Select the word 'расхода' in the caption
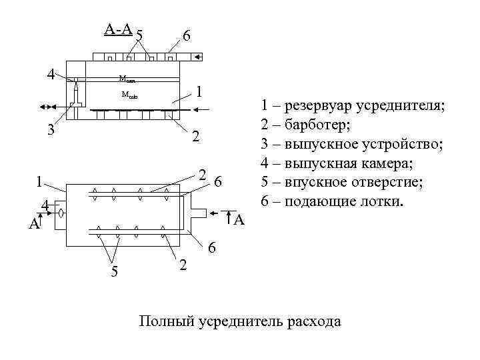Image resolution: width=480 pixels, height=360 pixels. click(313, 322)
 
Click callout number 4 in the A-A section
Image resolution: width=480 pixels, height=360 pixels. click(50, 73)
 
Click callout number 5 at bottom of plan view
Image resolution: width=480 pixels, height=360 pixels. click(114, 271)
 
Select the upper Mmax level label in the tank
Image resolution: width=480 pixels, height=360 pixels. click(127, 79)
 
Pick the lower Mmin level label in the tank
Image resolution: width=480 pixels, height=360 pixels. click(129, 95)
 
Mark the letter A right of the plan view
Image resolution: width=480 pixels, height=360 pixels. click(240, 219)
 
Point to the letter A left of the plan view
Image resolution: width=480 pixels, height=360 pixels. click(33, 225)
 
